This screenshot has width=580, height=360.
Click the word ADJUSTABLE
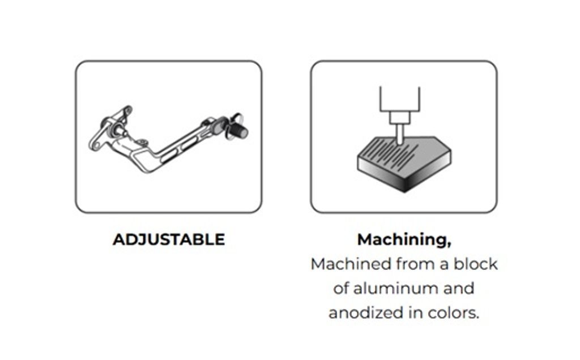point(169,239)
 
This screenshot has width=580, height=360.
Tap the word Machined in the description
point(351,264)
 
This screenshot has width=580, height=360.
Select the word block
point(476,264)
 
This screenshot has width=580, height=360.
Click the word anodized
point(366,312)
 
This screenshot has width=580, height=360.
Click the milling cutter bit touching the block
point(400,133)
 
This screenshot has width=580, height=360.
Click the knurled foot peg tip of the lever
point(240,130)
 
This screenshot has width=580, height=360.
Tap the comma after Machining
point(449,245)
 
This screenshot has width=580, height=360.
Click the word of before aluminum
point(340,288)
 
